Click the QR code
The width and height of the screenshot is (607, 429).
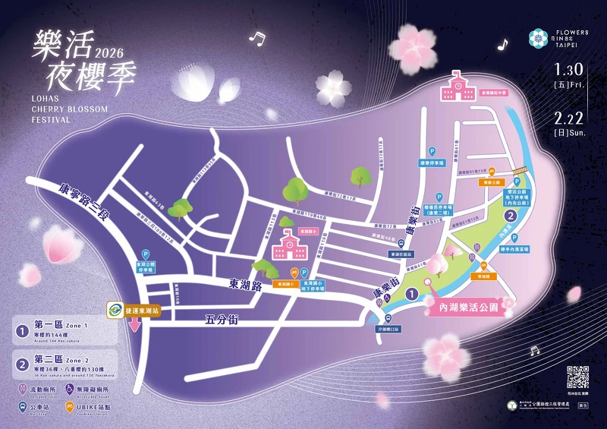coord(578,377)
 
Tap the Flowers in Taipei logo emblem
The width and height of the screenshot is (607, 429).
coord(538,37)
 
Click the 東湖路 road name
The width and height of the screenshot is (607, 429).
coord(245,283)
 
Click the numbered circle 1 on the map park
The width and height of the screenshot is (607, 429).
coord(410,293)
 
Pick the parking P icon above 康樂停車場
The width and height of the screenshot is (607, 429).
coord(433,151)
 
